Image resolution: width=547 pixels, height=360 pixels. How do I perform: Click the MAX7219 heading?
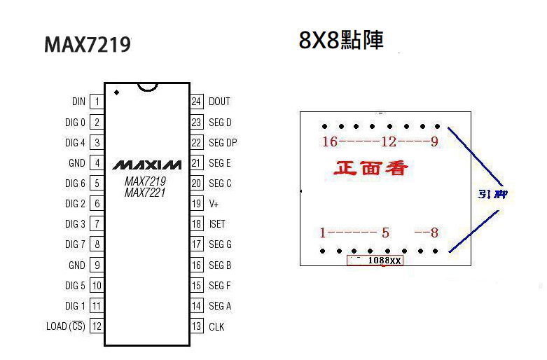[87, 45]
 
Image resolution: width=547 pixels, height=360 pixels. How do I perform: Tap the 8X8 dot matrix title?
[341, 40]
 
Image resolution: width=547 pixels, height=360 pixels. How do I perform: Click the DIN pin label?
[78, 102]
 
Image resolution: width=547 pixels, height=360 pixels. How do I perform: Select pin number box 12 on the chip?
[97, 326]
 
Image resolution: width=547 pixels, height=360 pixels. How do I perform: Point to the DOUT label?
[219, 102]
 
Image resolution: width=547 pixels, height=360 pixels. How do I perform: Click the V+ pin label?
[214, 204]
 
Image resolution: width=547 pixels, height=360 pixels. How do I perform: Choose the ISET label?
[216, 224]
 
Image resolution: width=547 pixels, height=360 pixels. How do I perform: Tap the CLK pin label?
[216, 326]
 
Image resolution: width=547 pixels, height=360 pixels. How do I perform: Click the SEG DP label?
[223, 143]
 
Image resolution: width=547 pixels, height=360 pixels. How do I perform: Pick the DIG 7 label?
[75, 244]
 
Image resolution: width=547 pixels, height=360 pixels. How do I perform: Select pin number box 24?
[197, 102]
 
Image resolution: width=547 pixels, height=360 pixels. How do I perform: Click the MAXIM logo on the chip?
[147, 165]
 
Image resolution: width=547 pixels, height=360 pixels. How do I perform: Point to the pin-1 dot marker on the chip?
[116, 92]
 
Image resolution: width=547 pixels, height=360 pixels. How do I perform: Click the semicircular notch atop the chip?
[147, 87]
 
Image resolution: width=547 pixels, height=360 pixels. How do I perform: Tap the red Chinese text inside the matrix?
[371, 168]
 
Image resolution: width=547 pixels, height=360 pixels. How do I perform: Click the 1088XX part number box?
[375, 261]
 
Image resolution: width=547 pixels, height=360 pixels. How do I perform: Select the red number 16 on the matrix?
[329, 142]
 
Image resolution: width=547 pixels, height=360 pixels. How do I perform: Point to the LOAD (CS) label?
[65, 326]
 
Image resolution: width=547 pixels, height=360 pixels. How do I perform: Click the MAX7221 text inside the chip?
[145, 193]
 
